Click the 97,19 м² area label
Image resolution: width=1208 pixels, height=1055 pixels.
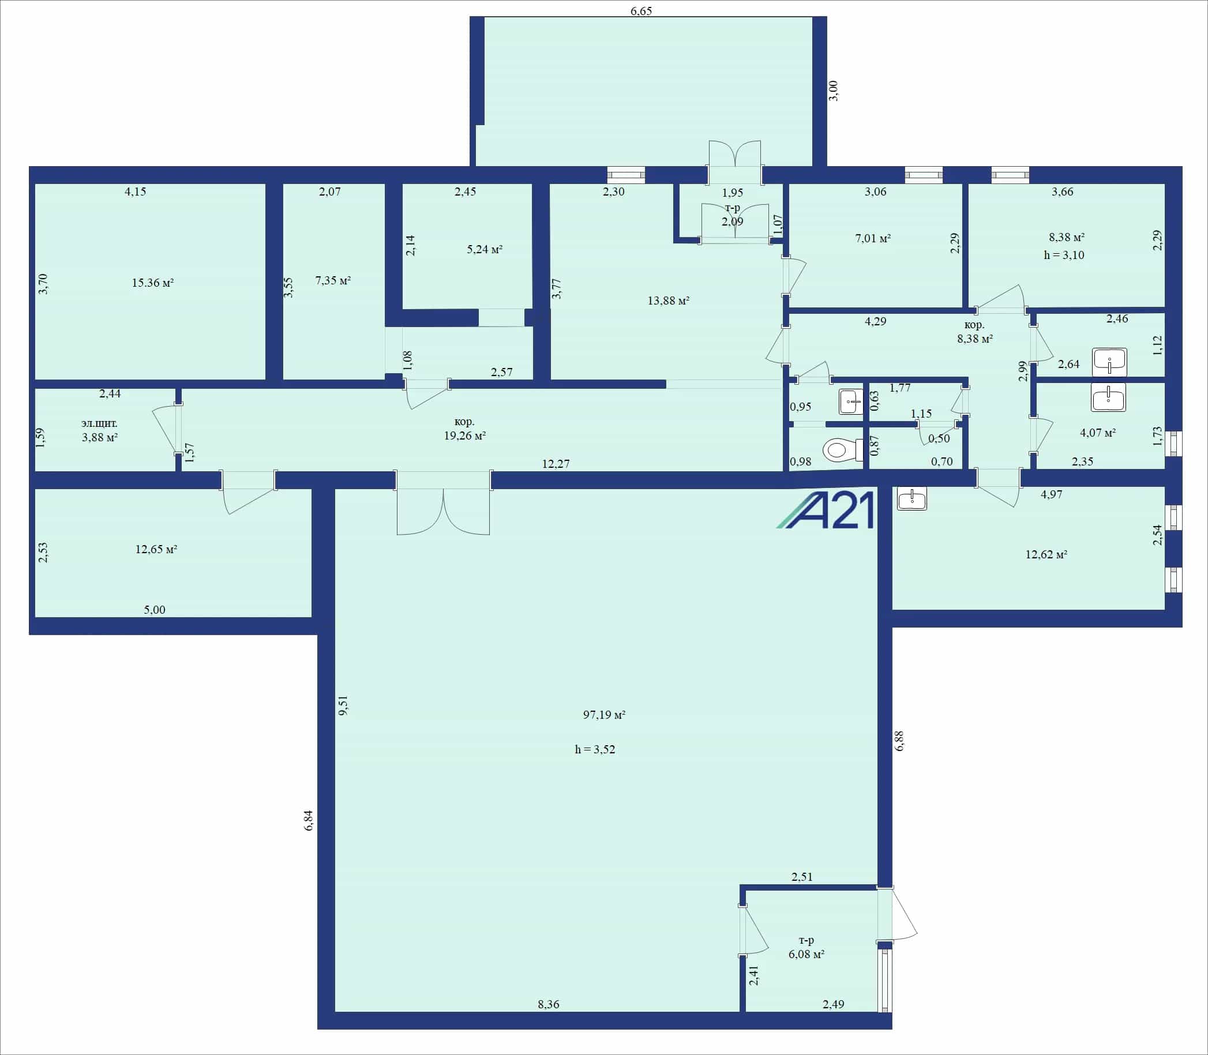pos(604,715)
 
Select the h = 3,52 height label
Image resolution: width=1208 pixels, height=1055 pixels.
pos(595,749)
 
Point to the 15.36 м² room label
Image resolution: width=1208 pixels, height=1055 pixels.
pos(152,283)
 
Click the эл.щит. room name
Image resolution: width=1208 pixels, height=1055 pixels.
pos(99,423)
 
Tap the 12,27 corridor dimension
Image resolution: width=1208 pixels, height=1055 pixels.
pos(556,464)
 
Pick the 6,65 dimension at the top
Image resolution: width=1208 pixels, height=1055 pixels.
pos(641,10)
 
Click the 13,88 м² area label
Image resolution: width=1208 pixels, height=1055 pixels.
pos(668,301)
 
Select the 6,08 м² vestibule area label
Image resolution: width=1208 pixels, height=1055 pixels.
pos(806,953)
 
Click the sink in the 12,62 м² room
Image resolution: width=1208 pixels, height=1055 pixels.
pos(912,498)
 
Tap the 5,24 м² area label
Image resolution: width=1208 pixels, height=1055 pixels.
pos(485,249)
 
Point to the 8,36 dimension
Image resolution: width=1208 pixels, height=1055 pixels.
pos(548,1004)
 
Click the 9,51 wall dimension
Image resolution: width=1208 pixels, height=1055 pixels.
pos(343,705)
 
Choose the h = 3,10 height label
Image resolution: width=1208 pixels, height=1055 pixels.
pos(1064,255)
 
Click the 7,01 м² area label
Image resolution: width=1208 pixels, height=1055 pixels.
pos(872,238)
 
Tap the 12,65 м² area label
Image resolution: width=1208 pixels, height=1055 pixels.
pos(156,549)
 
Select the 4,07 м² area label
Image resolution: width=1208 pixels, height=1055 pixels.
pos(1097,432)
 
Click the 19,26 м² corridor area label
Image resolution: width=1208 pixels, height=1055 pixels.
pos(464,435)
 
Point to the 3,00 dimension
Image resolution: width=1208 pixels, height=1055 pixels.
pos(833,91)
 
